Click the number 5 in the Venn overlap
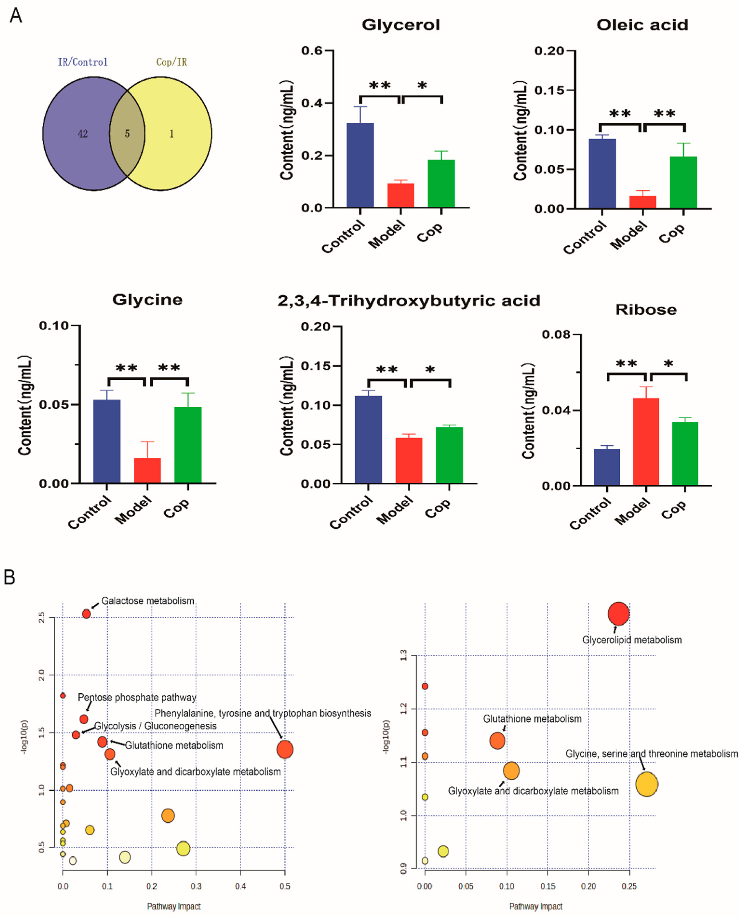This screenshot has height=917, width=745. point(127,134)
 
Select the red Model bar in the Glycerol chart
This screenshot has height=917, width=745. point(400,196)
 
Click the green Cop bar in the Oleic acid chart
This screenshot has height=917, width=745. point(683,183)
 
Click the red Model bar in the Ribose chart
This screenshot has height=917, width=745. point(646,442)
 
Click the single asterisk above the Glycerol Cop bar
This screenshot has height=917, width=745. point(422,85)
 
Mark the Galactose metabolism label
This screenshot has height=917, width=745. point(148,601)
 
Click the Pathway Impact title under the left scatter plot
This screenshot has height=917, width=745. point(174,906)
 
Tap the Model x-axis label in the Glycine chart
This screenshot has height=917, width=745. point(133,510)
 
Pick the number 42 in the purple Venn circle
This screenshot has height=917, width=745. point(83,134)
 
